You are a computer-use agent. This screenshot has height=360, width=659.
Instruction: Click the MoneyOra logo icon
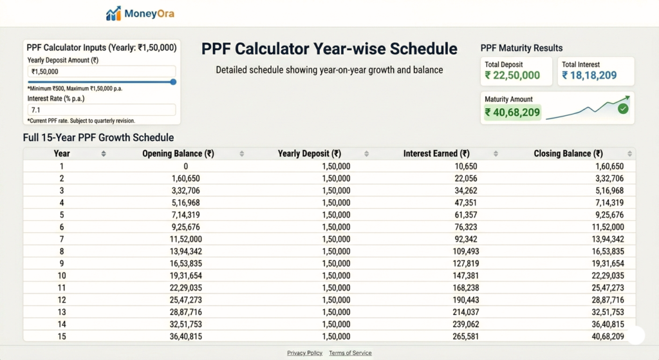pyautogui.click(x=113, y=14)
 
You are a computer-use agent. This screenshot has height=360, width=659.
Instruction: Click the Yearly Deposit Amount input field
pyautogui.click(x=102, y=71)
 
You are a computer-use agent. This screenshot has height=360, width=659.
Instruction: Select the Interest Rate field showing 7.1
pyautogui.click(x=102, y=110)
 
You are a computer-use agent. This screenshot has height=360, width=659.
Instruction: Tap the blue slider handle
pyautogui.click(x=173, y=82)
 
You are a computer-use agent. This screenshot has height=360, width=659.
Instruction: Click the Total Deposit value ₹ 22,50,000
pyautogui.click(x=512, y=75)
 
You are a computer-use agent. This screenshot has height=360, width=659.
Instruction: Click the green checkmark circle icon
pyautogui.click(x=622, y=109)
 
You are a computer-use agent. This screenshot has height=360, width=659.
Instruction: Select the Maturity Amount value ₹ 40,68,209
pyautogui.click(x=512, y=113)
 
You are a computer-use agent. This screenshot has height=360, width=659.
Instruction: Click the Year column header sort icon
pyautogui.click(x=104, y=154)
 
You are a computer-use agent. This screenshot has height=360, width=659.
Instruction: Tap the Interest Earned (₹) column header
pyautogui.click(x=436, y=154)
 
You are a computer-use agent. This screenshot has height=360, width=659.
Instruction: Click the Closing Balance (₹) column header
pyautogui.click(x=568, y=154)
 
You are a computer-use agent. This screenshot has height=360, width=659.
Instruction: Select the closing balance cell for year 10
pyautogui.click(x=605, y=276)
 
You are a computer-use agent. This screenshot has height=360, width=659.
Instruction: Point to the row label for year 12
pyautogui.click(x=62, y=300)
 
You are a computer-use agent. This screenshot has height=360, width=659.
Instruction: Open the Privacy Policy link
pyautogui.click(x=304, y=353)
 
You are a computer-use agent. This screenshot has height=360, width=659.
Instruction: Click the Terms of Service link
pyautogui.click(x=350, y=353)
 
